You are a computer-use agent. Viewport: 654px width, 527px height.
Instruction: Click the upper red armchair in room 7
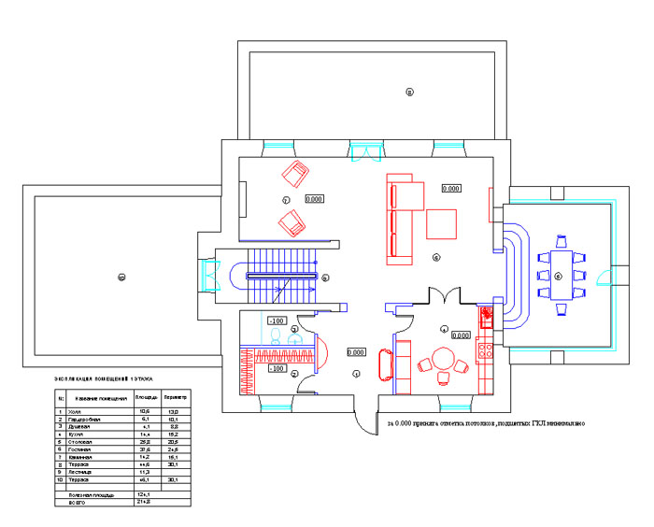pos(296,175)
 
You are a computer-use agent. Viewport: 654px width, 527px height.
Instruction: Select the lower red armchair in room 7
pos(292,223)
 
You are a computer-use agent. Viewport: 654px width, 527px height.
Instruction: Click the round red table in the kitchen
pos(441,360)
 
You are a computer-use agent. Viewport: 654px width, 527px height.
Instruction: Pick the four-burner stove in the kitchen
pos(485,350)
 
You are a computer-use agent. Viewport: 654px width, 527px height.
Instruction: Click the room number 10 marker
pos(120,277)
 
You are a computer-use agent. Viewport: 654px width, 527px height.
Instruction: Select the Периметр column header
pos(178,398)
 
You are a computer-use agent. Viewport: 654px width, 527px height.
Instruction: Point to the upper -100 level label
pos(277,320)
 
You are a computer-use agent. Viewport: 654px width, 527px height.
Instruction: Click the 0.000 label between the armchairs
pos(314,199)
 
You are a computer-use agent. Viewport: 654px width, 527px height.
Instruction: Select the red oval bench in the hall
pos(384,364)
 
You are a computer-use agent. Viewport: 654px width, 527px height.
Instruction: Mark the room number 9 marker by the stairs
pos(325,278)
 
